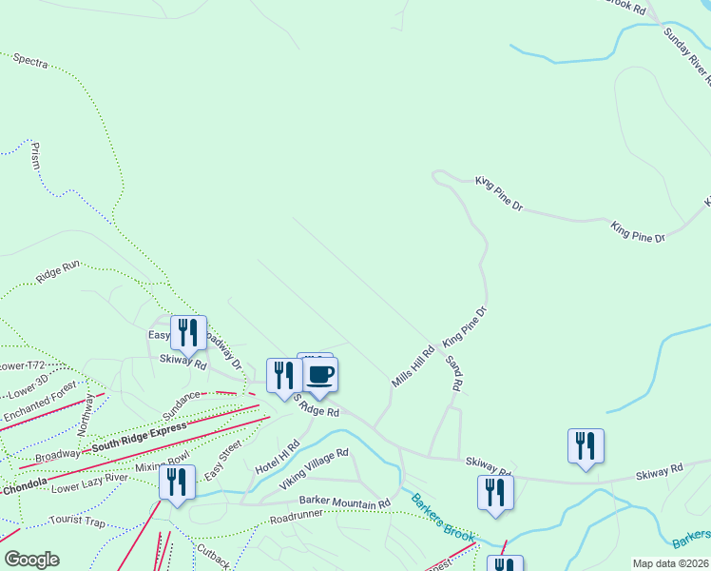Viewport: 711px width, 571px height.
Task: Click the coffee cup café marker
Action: [320, 374]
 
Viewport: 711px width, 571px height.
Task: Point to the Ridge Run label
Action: [58, 273]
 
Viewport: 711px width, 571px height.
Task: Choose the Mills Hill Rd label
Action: [413, 366]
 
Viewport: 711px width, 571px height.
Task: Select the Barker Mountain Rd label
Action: [344, 502]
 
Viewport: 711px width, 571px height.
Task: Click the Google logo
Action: [31, 560]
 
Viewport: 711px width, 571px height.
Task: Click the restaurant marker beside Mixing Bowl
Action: [177, 482]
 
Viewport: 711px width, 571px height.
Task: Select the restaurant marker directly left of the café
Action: [284, 375]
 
